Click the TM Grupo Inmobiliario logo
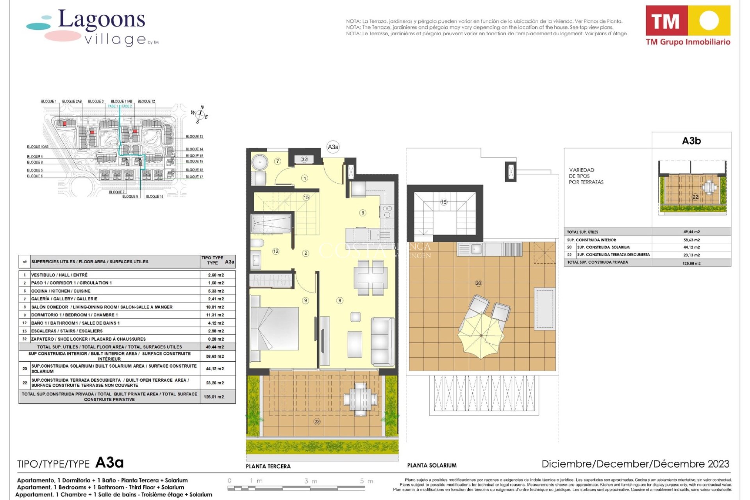pos(688,26)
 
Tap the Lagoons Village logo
pos(94,27)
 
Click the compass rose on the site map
pos(200,114)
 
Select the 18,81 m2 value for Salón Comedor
pos(216,307)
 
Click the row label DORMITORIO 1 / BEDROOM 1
pos(74,315)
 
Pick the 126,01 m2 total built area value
pos(214,397)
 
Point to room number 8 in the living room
pos(340,300)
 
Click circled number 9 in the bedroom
pos(305,300)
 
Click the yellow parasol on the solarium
pos(481,336)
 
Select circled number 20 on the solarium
pos(479,283)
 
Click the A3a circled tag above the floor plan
pos(333,147)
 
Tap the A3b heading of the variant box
pos(691,141)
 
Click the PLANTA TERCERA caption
pos(268,466)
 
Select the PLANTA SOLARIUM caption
pos(432,465)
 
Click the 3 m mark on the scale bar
pos(311,481)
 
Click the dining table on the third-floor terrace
pos(360,398)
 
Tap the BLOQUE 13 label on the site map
pos(195,137)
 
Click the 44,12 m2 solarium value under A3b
pos(691,247)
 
